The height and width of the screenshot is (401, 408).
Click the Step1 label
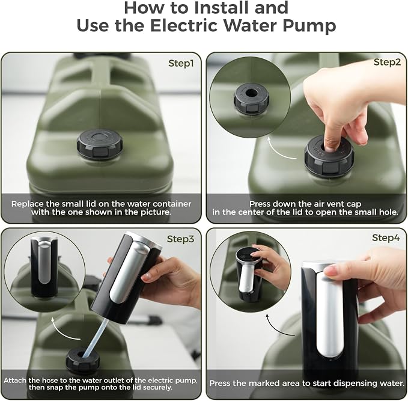pyautogui.click(x=181, y=63)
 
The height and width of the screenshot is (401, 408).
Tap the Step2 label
pyautogui.click(x=387, y=62)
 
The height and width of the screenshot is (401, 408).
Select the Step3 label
pyautogui.click(x=181, y=239)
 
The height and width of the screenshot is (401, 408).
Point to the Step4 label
pyautogui.click(x=386, y=237)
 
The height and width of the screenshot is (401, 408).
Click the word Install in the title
pyautogui.click(x=222, y=8)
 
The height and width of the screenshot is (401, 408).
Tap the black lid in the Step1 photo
pyautogui.click(x=100, y=144)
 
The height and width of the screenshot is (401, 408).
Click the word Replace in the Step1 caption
pyautogui.click(x=28, y=204)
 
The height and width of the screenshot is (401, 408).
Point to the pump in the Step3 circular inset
pyautogui.click(x=44, y=268)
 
